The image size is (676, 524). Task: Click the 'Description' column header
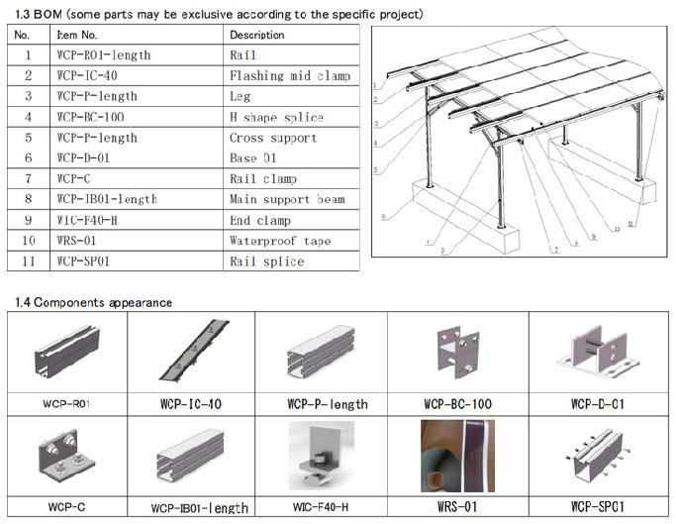pyautogui.click(x=256, y=35)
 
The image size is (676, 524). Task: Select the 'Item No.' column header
pyautogui.click(x=79, y=35)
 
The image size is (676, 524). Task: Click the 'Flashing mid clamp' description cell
pyautogui.click(x=289, y=75)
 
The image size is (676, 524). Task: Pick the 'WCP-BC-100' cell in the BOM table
pyautogui.click(x=90, y=117)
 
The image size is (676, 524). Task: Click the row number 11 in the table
pyautogui.click(x=28, y=262)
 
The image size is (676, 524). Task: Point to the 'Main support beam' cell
pyautogui.click(x=286, y=199)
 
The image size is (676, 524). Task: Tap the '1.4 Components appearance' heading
pyautogui.click(x=93, y=302)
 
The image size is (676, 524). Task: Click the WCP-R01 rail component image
pyautogui.click(x=68, y=355)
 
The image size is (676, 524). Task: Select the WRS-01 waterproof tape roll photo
pyautogui.click(x=457, y=456)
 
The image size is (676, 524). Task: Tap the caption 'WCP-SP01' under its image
pyautogui.click(x=599, y=506)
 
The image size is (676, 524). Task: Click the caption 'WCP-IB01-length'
pyautogui.click(x=199, y=507)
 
